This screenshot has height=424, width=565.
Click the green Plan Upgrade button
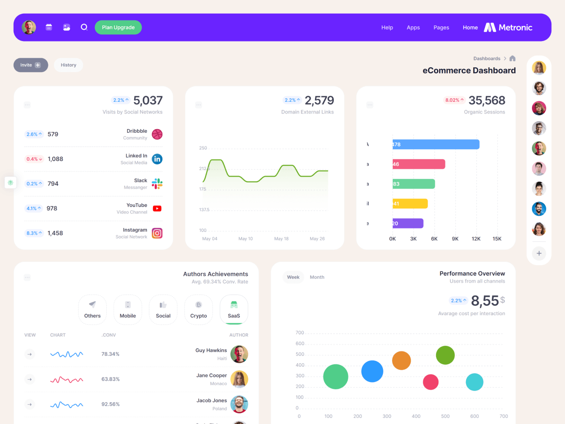(118, 27)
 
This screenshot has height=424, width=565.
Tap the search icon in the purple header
(84, 27)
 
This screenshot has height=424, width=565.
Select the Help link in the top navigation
(387, 27)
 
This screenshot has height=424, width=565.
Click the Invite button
(31, 65)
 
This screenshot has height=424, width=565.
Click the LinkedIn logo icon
(157, 159)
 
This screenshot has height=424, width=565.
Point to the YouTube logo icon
(157, 208)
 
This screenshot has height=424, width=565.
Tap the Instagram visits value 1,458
(55, 233)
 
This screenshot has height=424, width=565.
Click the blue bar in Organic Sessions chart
(436, 144)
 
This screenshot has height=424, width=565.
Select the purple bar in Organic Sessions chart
(408, 223)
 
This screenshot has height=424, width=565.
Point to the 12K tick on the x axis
(476, 239)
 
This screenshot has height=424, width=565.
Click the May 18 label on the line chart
(282, 239)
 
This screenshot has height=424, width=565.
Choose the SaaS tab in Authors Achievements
(234, 310)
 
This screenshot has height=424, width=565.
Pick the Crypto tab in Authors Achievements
(199, 310)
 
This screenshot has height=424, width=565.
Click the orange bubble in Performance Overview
(402, 361)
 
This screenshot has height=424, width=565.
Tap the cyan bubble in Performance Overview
(475, 382)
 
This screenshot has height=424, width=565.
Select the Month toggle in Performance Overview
(317, 277)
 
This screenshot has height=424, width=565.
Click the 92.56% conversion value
(111, 404)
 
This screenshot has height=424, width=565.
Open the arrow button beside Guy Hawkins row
(30, 354)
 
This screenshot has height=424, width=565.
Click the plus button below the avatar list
(539, 253)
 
